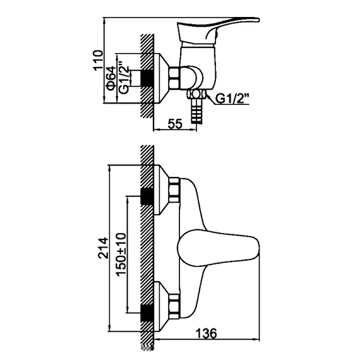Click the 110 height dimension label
coord(98,60)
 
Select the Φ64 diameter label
coord(111,78)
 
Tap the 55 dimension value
coord(175,124)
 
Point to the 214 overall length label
coord(103,248)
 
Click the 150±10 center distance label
coord(121,255)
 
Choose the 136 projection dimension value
coord(206,333)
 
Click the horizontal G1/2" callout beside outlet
coord(232,99)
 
